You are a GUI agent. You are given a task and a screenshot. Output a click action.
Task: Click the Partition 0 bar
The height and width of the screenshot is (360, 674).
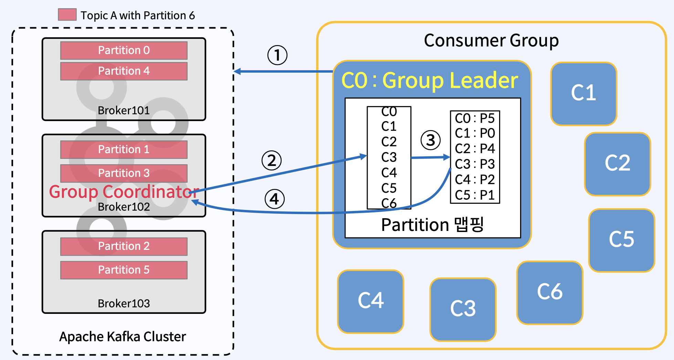coord(124,51)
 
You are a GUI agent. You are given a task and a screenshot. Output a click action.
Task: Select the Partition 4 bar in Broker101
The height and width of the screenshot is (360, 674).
coord(124,71)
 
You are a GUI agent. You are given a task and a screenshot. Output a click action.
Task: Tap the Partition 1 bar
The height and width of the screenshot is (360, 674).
coord(124,150)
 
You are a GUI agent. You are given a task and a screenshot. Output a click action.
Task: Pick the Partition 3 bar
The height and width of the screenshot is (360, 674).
coord(124,173)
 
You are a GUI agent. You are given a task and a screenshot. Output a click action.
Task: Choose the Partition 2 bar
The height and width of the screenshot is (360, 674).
coord(124,246)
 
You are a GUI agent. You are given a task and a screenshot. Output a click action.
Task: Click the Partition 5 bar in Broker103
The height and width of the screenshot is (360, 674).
coord(124,270)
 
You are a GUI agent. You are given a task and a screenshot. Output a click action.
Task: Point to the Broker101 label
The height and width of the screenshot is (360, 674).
coord(124,110)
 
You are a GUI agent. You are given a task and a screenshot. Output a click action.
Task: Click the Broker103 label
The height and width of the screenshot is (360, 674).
coord(124,304)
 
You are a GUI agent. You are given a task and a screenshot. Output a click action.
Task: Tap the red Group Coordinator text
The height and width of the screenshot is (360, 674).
coord(124,192)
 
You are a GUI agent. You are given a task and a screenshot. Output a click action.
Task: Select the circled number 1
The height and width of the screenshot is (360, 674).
coord(277,55)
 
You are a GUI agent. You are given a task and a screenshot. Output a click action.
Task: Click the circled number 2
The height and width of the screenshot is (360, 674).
coord(272,161)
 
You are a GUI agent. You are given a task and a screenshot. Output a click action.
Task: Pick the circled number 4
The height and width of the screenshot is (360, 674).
coord(274,199)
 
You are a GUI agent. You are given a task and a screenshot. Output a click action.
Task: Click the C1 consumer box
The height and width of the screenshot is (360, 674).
coord(583,94)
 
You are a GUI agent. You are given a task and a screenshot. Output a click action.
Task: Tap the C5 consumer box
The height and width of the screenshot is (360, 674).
coord(621,240)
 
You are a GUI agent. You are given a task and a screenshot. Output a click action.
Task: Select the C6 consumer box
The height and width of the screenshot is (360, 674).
coord(550,293)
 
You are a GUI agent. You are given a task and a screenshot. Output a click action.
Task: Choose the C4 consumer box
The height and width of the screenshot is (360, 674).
coord(370,301)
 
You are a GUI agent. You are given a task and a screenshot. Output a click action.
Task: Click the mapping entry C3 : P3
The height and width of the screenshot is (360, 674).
coord(475,164)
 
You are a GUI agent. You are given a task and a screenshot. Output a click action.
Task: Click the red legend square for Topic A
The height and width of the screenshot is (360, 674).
coord(67,15)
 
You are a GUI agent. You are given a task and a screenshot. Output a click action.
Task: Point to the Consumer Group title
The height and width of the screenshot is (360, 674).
coord(491,41)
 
